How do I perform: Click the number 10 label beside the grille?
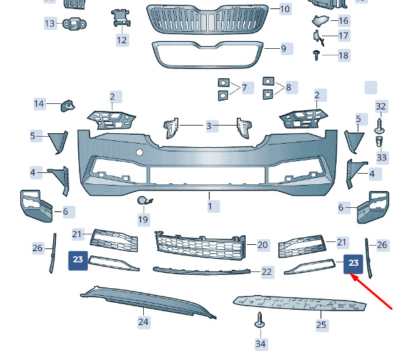tap(285, 9)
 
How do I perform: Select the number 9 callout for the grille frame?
tap(284, 49)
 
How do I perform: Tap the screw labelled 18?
tap(316, 55)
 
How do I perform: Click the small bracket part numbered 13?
tap(75, 24)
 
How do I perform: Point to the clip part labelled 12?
tap(122, 18)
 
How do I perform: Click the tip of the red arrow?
tap(351, 275)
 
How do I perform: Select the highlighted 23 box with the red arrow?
tap(353, 264)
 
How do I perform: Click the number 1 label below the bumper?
tap(210, 207)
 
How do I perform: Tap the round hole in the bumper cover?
tap(140, 152)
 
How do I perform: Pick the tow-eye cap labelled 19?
tap(144, 201)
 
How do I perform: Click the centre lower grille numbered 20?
tap(200, 245)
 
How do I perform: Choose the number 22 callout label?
tap(267, 272)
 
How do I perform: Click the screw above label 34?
tap(260, 320)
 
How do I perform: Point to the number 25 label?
tap(321, 325)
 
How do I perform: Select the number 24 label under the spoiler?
tap(143, 322)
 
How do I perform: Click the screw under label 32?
tap(379, 126)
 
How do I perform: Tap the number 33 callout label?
tap(381, 157)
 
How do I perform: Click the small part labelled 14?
tap(68, 106)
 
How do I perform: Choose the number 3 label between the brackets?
tap(210, 126)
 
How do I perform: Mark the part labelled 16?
tap(320, 20)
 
